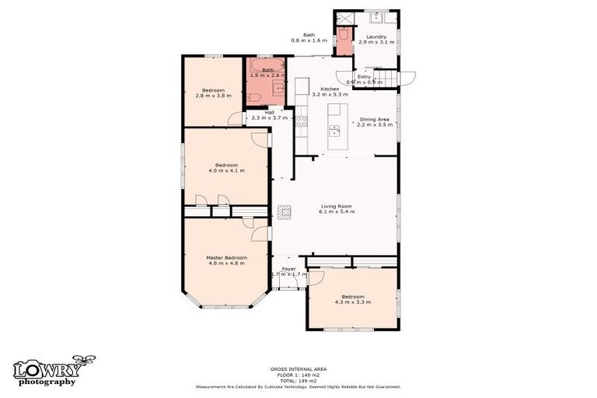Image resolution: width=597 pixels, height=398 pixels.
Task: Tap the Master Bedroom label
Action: coord(226,257)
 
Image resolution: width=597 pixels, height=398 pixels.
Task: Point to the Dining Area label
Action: coord(374,120)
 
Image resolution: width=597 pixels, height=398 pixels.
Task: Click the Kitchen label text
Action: coord(330,89)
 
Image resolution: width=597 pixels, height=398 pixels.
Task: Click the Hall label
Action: coord(269,112)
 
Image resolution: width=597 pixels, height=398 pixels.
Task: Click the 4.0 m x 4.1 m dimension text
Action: coord(226,170)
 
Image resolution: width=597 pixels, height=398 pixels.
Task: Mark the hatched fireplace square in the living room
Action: coord(285,210)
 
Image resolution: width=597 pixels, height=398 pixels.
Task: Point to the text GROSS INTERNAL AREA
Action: coord(298,368)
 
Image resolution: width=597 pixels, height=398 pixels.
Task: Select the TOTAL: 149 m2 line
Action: coord(298,379)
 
